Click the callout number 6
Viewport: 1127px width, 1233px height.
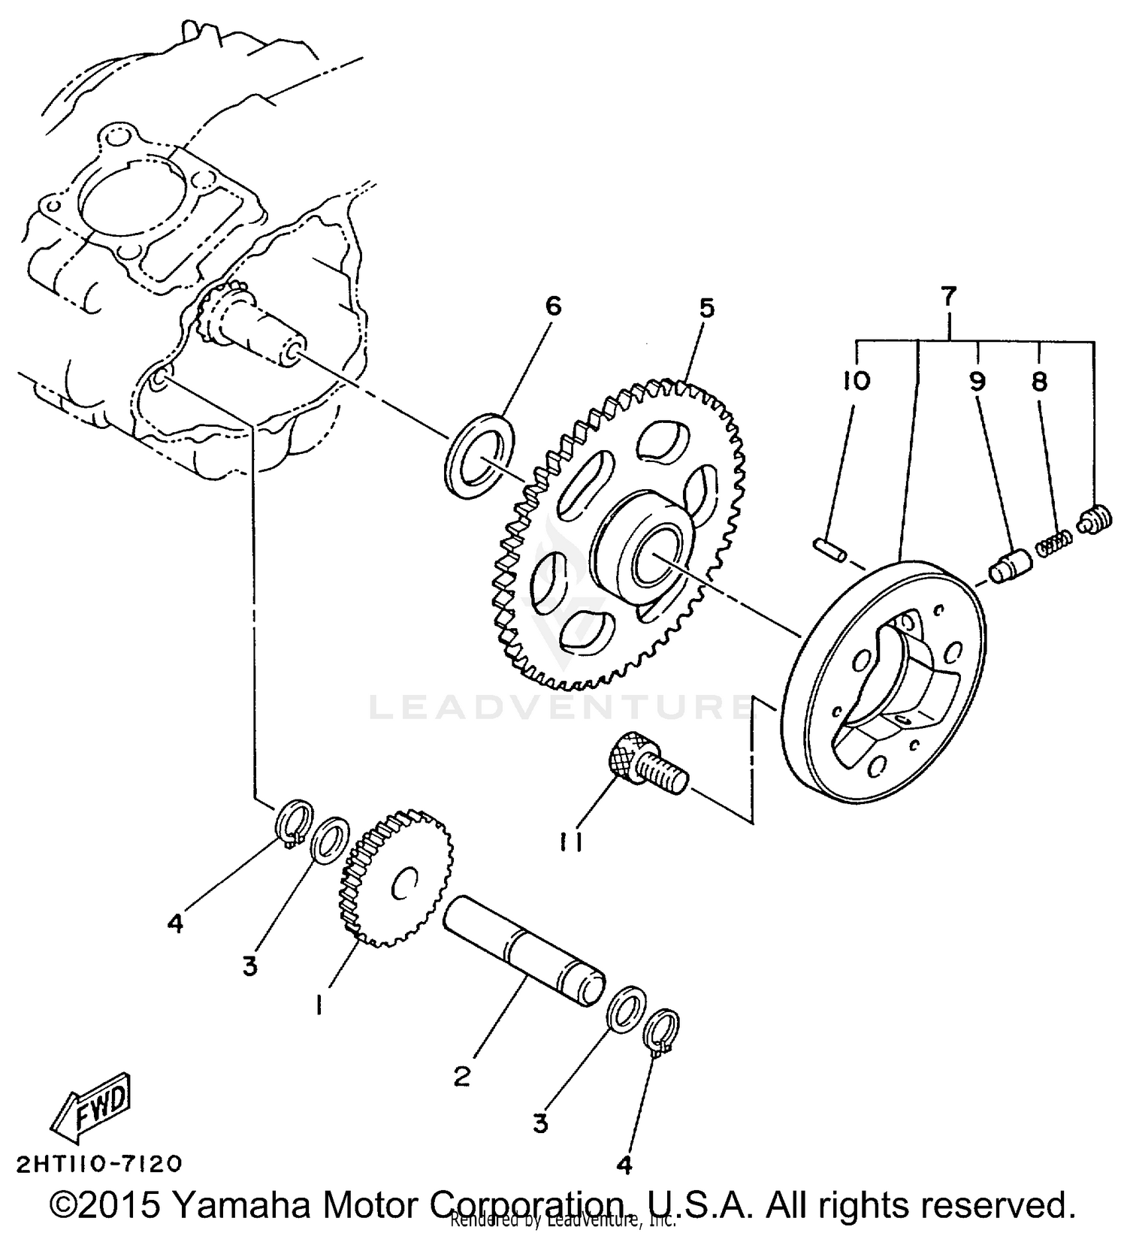coord(552,307)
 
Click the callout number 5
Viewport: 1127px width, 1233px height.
coord(706,309)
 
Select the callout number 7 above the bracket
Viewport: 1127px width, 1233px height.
coord(949,297)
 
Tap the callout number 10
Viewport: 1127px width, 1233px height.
coord(856,382)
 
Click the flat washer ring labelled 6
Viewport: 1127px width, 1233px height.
coord(480,455)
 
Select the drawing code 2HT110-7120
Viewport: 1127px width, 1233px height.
coord(98,1165)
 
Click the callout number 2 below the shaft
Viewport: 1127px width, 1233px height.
coord(462,1076)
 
